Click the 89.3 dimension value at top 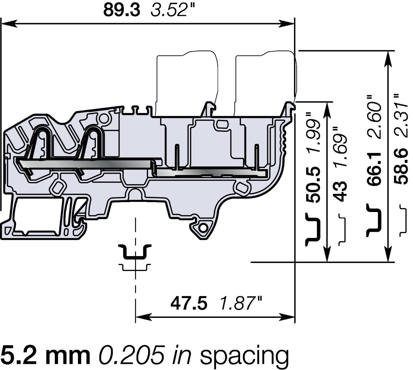pyautogui.click(x=121, y=10)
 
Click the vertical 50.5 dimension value pyautogui.click(x=313, y=185)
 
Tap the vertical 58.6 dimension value pyautogui.click(x=401, y=166)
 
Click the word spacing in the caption pyautogui.click(x=244, y=356)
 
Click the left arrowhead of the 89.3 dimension pyautogui.click(x=8, y=24)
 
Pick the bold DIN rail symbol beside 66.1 pyautogui.click(x=374, y=220)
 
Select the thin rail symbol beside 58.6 pyautogui.click(x=403, y=220)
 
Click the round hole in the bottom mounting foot pyautogui.click(x=203, y=228)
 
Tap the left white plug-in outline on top pyautogui.click(x=187, y=83)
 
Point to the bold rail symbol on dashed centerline pyautogui.click(x=135, y=252)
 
